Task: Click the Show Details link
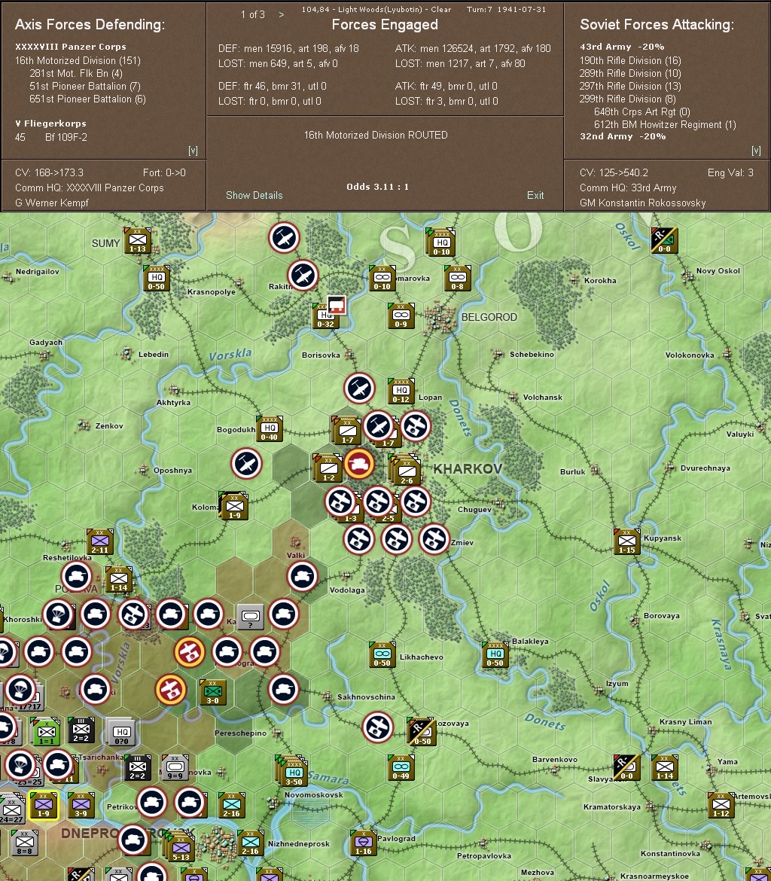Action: pyautogui.click(x=254, y=195)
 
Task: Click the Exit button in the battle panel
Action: pyautogui.click(x=535, y=195)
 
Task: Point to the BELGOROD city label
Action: pyautogui.click(x=489, y=317)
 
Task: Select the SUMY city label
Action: pyautogui.click(x=105, y=243)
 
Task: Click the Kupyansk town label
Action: pyautogui.click(x=662, y=538)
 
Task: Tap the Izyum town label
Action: pyautogui.click(x=617, y=684)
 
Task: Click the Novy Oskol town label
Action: pyautogui.click(x=718, y=271)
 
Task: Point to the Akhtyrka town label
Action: pyautogui.click(x=173, y=403)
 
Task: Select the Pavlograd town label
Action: pyautogui.click(x=396, y=838)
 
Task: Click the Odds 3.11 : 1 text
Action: pyautogui.click(x=377, y=187)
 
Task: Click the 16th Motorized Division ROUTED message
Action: pyautogui.click(x=375, y=135)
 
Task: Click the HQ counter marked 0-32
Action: pyautogui.click(x=325, y=316)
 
